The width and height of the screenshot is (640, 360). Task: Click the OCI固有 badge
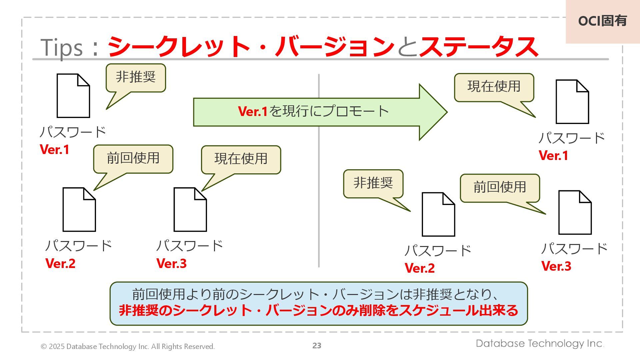point(602,21)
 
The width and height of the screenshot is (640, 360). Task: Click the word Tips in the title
point(62,48)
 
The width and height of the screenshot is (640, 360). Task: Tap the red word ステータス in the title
point(479,47)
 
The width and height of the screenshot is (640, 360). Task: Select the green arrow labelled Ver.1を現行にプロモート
point(313,112)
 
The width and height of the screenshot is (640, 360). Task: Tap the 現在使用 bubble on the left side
point(241,159)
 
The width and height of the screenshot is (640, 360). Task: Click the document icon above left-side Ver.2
point(79,209)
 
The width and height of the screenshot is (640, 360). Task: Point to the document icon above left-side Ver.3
point(190,209)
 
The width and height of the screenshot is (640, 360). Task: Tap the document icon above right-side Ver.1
point(572,102)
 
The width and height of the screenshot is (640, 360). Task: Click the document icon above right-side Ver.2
point(438,214)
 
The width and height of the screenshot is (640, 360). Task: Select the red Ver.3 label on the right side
point(556,266)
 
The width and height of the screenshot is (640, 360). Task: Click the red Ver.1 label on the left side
point(55,150)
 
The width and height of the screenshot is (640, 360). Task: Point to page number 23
point(317,346)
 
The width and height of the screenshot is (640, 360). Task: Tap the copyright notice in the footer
point(127,347)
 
